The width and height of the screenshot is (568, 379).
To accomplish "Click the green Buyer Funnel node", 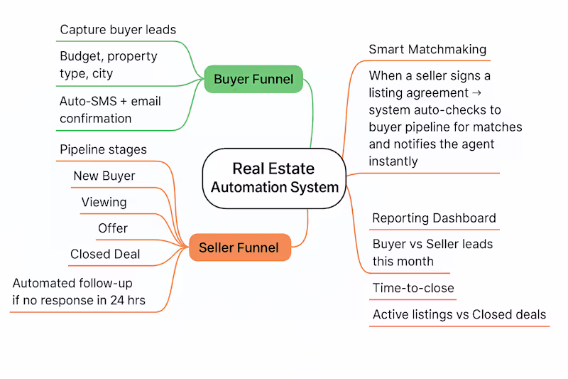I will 253,79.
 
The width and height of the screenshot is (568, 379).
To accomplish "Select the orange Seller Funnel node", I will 240,247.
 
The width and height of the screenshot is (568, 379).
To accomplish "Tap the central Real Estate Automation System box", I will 273,178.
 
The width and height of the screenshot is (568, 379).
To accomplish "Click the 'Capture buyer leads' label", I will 118,29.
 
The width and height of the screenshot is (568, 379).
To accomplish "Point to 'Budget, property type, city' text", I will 108,65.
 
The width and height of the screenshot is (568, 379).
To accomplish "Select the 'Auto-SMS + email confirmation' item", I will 110,110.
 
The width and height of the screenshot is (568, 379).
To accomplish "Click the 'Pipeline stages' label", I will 103,149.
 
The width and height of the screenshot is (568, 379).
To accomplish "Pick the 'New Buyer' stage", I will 104,176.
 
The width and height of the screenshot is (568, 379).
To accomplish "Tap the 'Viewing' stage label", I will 104,202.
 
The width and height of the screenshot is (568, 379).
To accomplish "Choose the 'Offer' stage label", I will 113,228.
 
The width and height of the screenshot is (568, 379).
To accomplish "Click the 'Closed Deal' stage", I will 105,254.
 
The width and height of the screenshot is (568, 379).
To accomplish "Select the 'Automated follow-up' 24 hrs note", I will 79,292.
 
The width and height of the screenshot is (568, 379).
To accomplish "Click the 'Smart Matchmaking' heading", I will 427,49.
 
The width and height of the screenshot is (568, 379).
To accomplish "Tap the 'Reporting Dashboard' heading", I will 434,218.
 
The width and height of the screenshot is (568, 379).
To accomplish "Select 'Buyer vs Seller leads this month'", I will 432,252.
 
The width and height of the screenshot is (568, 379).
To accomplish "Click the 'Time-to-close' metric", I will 413,288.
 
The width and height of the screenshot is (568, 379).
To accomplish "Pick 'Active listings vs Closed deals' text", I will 459,314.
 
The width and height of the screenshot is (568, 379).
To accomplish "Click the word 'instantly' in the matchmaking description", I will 393,161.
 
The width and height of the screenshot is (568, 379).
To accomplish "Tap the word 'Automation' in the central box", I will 246,188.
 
